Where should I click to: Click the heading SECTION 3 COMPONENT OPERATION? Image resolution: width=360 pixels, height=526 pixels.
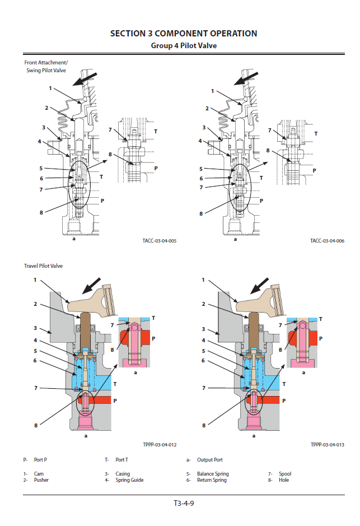coord(184,34)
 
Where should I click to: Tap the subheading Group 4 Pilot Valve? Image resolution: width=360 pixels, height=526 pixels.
coord(184,46)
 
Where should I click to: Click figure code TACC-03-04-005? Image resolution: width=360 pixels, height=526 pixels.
coord(160,241)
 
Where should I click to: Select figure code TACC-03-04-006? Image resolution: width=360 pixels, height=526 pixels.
coord(327,241)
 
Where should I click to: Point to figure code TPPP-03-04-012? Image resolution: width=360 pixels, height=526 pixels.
coord(160,444)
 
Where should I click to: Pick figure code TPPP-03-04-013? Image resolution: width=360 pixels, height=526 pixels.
coord(327,444)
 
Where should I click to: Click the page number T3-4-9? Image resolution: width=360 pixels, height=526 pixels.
coord(184,502)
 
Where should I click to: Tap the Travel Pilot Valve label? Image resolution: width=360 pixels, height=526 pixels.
coord(43,266)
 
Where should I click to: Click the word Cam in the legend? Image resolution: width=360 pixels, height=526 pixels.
coord(39,474)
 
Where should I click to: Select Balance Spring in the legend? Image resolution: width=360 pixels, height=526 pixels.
coord(213,474)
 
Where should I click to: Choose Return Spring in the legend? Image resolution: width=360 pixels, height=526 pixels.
coord(212,480)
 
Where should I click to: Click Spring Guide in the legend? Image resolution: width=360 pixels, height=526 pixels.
coord(130,480)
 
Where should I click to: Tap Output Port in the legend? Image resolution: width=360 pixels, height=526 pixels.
coord(209,460)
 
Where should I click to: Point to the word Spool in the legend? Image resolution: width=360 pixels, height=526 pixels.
coord(285,474)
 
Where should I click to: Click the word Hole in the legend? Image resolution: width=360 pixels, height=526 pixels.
coord(284,480)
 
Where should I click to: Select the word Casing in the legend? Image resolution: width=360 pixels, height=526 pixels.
coord(123,474)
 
